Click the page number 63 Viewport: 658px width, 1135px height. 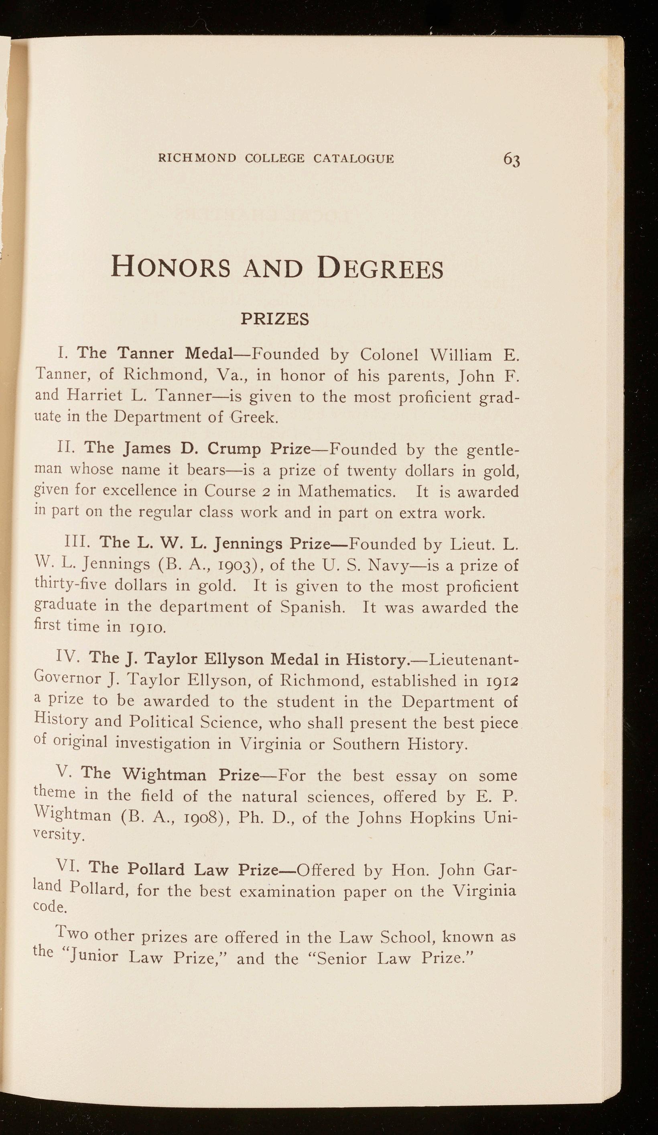[512, 159]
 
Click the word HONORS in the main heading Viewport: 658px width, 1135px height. [171, 268]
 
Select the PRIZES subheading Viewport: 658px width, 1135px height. [275, 319]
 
